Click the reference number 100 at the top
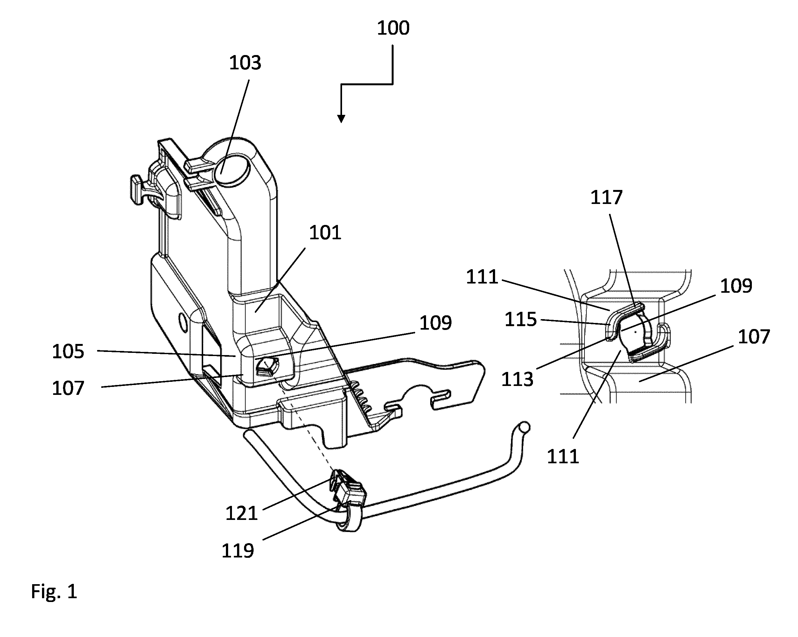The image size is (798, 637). point(393,28)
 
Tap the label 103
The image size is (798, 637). point(245,63)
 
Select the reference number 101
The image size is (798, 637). point(325,233)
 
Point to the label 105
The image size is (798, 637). point(68,351)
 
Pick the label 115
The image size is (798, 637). point(521,319)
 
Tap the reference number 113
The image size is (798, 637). point(517,379)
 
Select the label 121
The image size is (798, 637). point(241,513)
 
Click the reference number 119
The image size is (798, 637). point(238,550)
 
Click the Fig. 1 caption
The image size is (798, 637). point(54,591)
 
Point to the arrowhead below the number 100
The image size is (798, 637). point(341,119)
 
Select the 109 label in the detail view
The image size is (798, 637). point(736,286)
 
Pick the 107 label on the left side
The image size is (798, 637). point(68,388)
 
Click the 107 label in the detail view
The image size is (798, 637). point(754,337)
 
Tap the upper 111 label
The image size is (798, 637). point(482,277)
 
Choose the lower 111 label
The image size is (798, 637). point(563,456)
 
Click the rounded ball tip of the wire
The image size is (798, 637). point(524,428)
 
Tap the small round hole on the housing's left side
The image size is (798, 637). point(182,321)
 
